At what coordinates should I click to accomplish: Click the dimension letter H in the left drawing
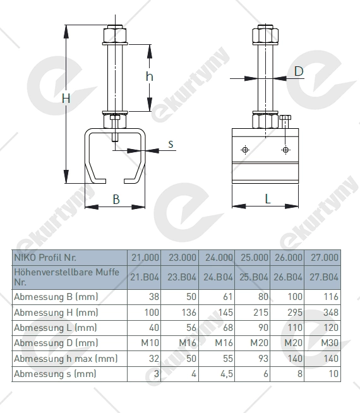pos(66,99)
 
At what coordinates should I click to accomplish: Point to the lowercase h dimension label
pos(149,76)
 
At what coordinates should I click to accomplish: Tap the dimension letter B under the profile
pos(116,200)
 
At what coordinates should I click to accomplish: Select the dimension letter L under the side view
pos(268,199)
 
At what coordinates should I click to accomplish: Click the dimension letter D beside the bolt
pos(299,71)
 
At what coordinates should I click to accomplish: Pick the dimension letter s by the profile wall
pos(171,144)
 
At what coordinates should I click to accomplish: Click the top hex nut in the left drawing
pos(115,34)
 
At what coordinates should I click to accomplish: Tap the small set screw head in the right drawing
pos(285,117)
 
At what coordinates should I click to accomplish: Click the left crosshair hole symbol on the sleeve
pos(245,150)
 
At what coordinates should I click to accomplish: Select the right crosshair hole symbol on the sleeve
pos(285,150)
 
